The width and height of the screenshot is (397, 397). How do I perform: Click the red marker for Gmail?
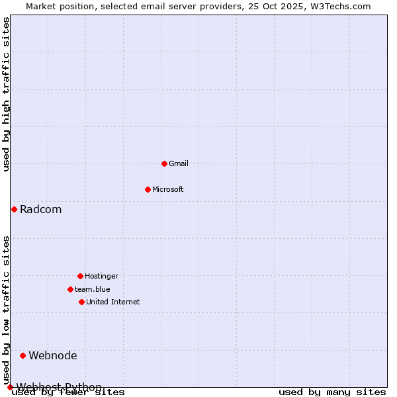164,163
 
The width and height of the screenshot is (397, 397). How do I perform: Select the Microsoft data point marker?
148,189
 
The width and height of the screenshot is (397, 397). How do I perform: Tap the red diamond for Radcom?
14,209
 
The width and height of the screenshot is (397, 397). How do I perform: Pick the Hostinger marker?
80,276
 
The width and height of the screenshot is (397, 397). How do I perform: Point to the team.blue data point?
70,289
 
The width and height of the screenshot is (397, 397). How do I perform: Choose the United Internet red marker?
81,302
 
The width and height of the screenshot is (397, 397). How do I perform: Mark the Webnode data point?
22,355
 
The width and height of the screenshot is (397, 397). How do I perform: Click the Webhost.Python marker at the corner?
10,387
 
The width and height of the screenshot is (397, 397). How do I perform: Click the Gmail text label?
179,163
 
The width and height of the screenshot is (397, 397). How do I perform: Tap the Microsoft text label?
168,189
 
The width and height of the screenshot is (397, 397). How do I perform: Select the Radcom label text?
40,210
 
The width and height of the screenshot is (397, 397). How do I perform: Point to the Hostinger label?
101,276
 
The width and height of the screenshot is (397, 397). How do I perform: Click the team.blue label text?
93,289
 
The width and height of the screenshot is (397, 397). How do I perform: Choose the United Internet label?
113,302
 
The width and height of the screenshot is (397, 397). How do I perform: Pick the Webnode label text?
53,356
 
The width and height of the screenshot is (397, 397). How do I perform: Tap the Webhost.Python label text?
59,387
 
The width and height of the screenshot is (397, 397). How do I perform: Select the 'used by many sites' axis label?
332,392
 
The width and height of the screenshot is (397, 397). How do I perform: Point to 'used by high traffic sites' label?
7,94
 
